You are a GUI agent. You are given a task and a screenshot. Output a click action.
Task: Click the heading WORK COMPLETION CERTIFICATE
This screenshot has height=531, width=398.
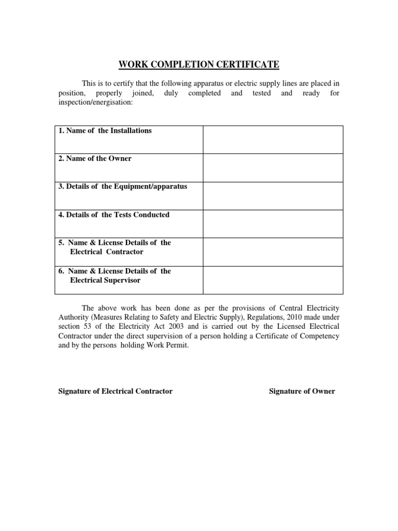pos(199,65)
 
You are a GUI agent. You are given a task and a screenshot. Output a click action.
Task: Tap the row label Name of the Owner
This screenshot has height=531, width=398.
pos(95,159)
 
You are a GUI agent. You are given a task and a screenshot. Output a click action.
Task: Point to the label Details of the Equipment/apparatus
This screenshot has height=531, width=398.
pos(122,187)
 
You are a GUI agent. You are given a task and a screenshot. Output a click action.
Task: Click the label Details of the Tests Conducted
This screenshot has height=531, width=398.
pos(113,215)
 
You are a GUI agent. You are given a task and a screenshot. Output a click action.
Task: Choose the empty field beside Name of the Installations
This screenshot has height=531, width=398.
pos(273,139)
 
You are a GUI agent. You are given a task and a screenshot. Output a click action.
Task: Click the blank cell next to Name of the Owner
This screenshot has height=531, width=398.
pos(273,167)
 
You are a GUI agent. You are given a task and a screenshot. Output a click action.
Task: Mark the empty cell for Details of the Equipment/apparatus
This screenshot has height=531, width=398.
pos(273,195)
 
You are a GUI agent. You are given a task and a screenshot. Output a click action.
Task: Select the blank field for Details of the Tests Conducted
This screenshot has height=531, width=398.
pos(273,223)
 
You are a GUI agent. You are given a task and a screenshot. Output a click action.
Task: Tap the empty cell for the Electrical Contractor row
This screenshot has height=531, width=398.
pos(273,252)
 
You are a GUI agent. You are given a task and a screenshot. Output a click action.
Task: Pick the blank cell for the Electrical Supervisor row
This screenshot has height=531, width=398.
pos(273,281)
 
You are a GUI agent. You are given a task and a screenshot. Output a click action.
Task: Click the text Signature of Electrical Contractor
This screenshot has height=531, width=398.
pos(115,391)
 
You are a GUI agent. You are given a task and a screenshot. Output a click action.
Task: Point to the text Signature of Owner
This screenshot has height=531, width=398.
pos(302,391)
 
